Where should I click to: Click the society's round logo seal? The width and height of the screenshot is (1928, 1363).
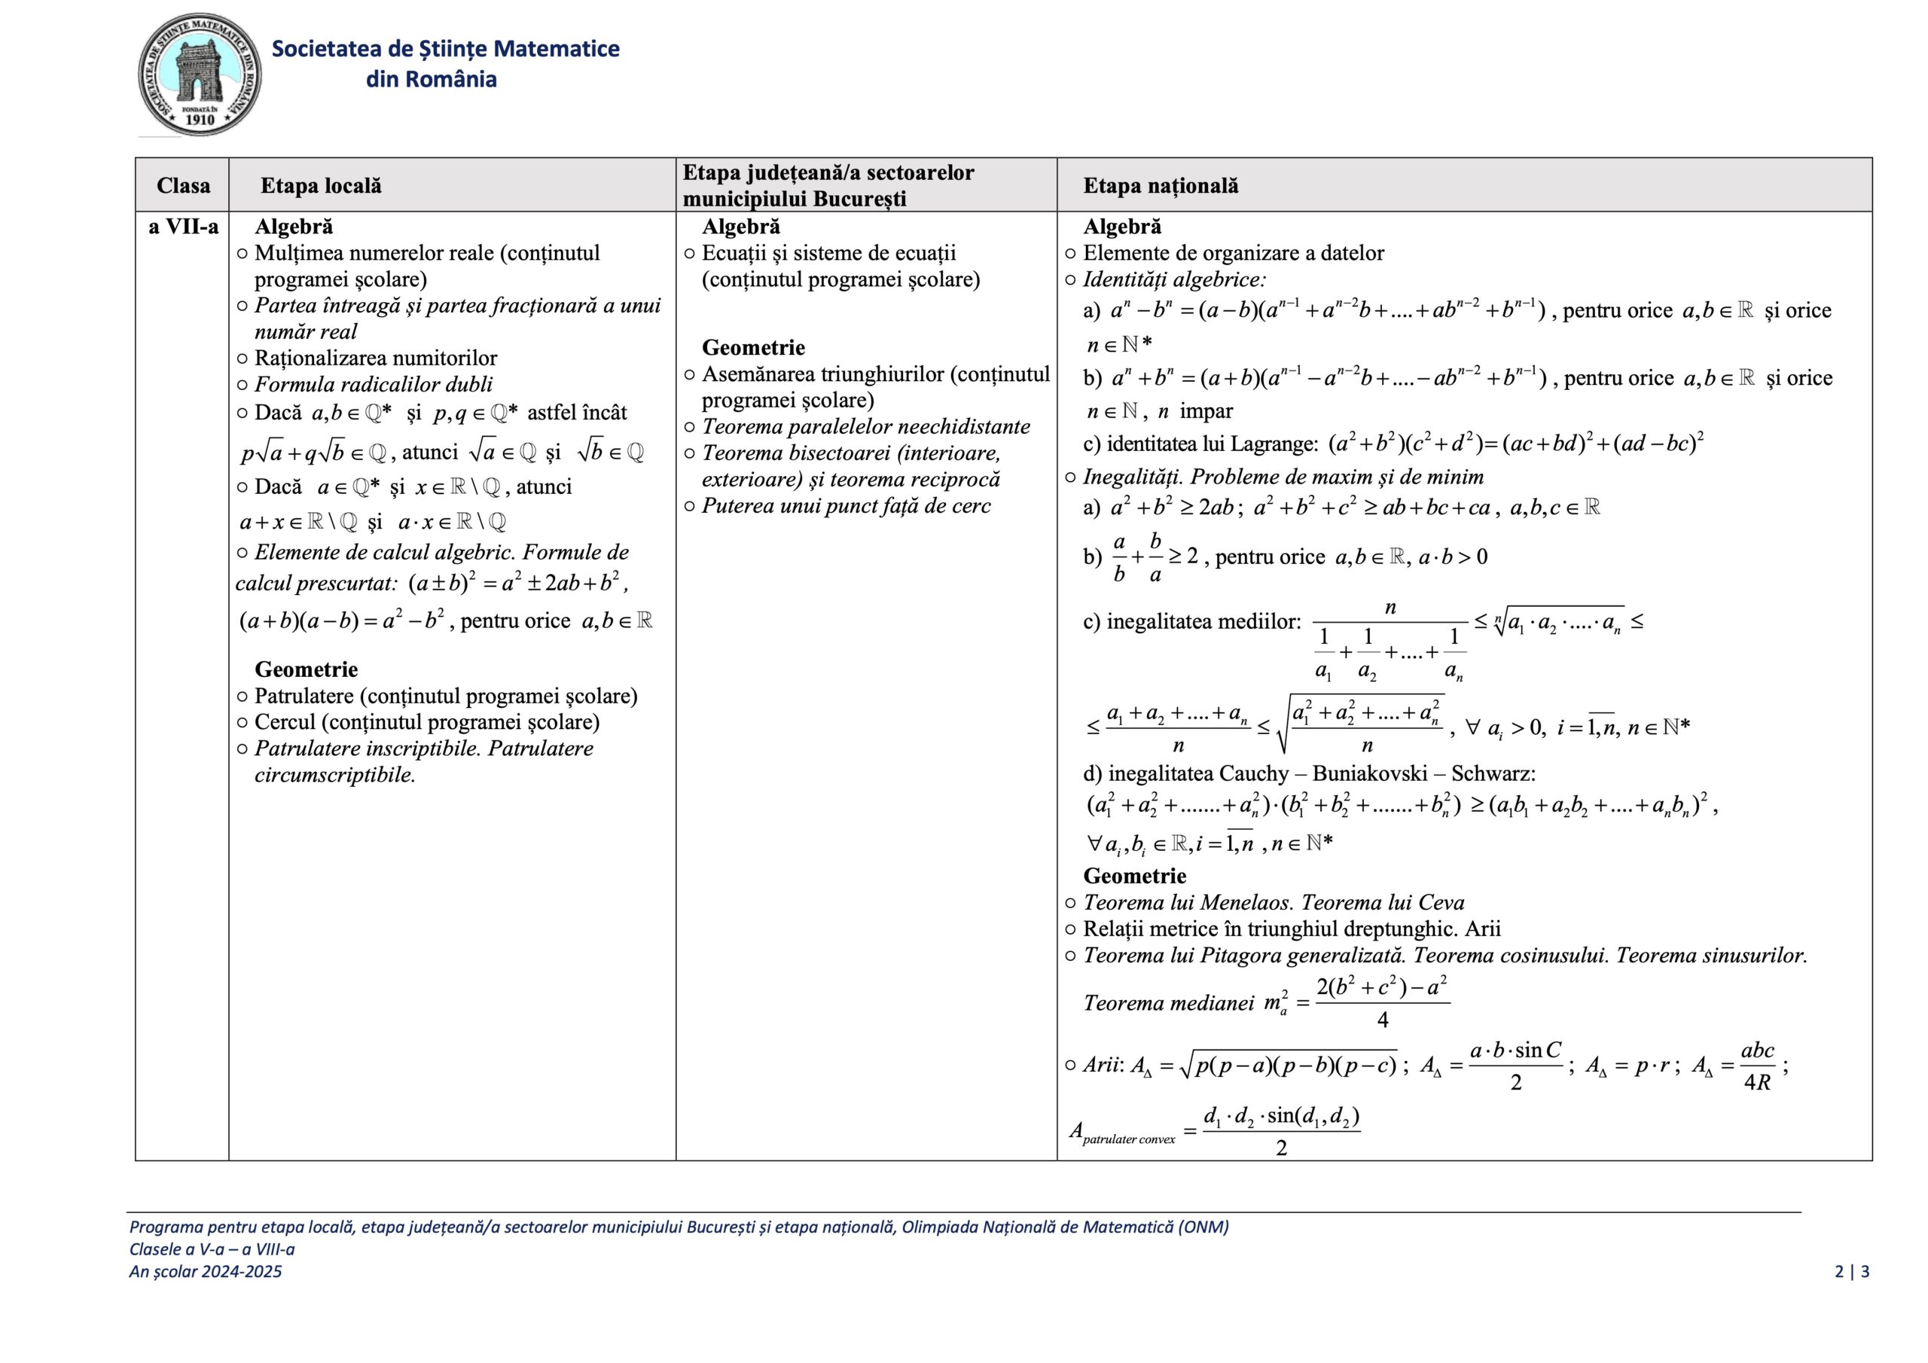click(200, 74)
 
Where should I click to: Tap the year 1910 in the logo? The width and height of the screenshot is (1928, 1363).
click(200, 120)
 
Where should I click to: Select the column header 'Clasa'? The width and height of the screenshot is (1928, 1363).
click(183, 185)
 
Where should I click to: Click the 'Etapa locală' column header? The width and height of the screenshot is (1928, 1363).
click(321, 185)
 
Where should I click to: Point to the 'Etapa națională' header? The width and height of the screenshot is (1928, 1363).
click(1161, 185)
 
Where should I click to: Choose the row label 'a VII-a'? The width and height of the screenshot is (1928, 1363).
click(183, 227)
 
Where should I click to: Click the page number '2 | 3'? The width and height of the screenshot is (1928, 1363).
click(1852, 1271)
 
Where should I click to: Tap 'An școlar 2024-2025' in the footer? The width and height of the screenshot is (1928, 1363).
click(206, 1271)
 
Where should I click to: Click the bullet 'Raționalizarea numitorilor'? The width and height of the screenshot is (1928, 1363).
click(375, 358)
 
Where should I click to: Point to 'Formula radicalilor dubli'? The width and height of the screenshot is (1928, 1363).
click(374, 385)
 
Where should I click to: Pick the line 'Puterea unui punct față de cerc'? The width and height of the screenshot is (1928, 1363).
click(846, 506)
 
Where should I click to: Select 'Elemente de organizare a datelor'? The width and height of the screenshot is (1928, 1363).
click(1233, 254)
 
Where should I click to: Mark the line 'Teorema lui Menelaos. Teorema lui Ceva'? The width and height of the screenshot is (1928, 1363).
click(1273, 903)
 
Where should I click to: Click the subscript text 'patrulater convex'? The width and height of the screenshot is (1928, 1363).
click(1129, 1139)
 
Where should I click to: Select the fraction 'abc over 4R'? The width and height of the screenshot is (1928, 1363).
click(1757, 1066)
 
